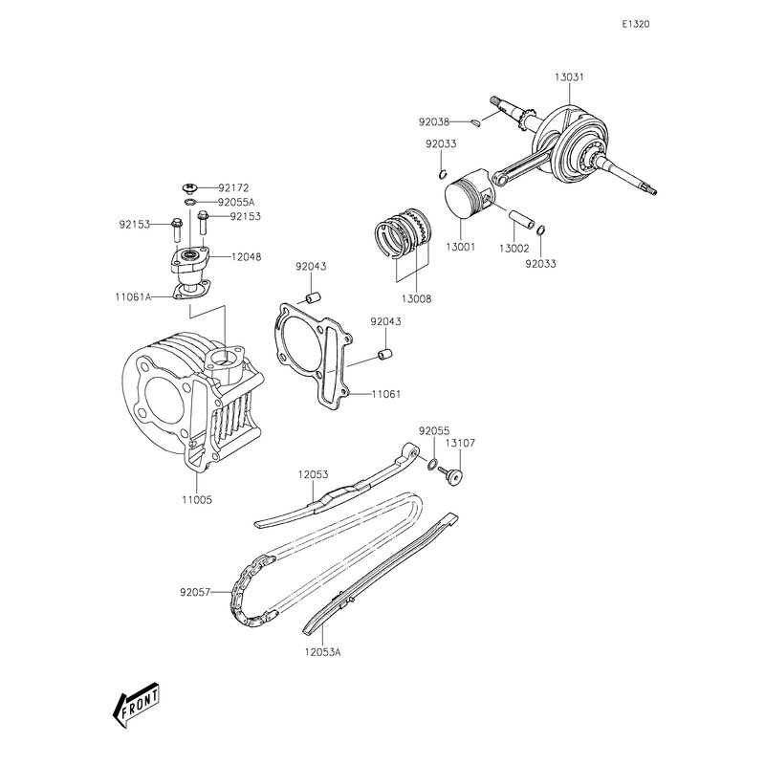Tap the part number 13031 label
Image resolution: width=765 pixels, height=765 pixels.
coord(570,78)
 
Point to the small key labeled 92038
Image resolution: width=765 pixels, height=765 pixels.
coord(476,121)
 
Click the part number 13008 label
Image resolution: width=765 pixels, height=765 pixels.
coord(417,298)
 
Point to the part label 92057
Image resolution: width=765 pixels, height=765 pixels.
coord(194,592)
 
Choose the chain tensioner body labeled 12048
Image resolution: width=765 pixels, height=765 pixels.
coord(191,260)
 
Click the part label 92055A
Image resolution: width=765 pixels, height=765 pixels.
coord(235,202)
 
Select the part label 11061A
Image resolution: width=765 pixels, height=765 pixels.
coord(134,296)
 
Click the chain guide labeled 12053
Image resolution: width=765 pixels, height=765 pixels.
coord(335,492)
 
